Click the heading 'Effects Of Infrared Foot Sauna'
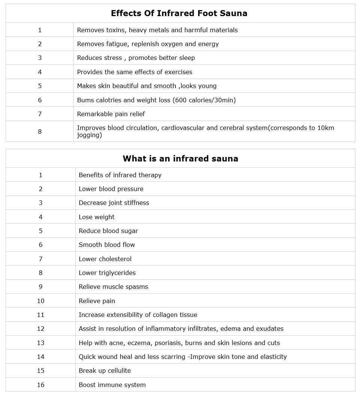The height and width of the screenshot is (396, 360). [179, 13]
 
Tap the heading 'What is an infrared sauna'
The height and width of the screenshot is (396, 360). [180, 158]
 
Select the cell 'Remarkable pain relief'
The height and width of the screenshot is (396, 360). [111, 114]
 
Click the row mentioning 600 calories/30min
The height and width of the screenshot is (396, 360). [156, 100]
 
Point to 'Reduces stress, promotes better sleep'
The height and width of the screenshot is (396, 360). [136, 58]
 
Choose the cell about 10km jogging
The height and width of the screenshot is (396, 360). [205, 131]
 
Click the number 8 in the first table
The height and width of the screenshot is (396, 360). [40, 132]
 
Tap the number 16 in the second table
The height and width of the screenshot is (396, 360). [40, 385]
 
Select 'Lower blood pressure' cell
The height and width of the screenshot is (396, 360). [111, 189]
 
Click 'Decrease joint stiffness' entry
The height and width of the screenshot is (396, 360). [114, 203]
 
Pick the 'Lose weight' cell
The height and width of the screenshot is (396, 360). [97, 217]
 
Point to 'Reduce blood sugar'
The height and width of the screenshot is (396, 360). [108, 231]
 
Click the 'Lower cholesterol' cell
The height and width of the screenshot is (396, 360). [105, 259]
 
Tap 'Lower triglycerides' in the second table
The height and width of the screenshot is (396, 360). [107, 273]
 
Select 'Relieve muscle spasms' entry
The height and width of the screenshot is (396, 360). [113, 287]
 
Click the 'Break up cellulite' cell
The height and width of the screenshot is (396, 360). [105, 371]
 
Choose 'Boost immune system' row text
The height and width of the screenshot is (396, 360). [112, 385]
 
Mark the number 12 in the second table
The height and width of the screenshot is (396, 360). [40, 329]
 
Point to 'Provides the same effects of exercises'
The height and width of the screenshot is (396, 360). [134, 72]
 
